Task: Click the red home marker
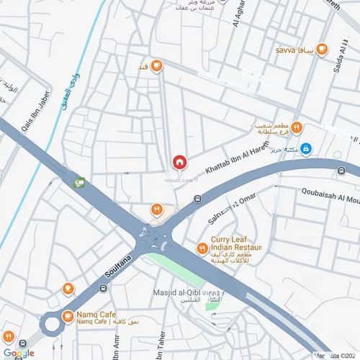click(x=180, y=162)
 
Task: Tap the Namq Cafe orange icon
click(x=67, y=315)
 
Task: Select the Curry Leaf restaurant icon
click(x=202, y=249)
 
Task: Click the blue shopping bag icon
click(x=306, y=148)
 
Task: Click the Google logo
click(x=18, y=353)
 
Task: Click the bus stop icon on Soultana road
click(x=103, y=289)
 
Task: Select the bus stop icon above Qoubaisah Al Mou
click(x=341, y=171)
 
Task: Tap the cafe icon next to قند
click(x=156, y=66)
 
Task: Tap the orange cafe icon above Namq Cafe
click(x=68, y=289)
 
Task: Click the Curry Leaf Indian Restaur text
click(x=235, y=245)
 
